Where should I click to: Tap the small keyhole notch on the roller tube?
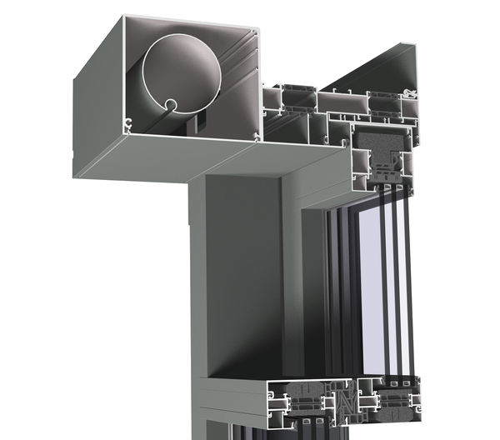click(170, 106)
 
